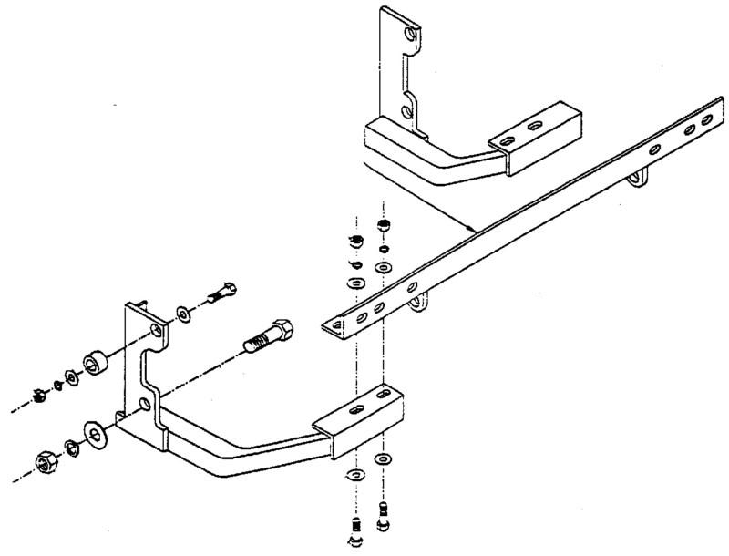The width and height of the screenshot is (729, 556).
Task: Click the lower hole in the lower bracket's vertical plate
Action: tap(145, 402)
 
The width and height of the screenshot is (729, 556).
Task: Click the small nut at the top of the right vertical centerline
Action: tap(384, 224)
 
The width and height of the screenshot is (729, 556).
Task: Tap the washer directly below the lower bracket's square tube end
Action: tap(382, 456)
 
